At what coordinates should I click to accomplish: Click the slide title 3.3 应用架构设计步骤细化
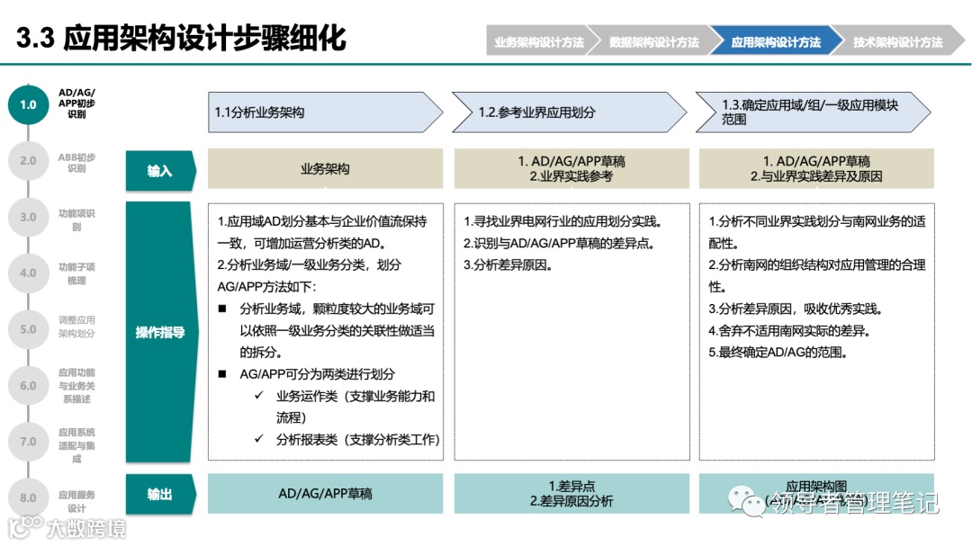point(181,39)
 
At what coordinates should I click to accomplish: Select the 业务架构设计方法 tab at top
point(538,42)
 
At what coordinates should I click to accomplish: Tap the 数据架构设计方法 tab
point(653,42)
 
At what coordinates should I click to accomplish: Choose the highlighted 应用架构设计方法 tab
point(775,42)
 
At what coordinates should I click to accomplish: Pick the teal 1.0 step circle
point(28,104)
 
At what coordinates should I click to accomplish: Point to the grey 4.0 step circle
point(28,273)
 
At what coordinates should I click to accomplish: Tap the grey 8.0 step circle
point(28,497)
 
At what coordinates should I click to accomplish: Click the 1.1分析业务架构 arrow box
point(324,112)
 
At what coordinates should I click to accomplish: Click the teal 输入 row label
point(160,170)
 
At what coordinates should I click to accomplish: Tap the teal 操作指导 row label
point(160,332)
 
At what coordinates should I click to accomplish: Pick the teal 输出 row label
point(160,494)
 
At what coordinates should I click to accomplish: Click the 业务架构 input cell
point(325,169)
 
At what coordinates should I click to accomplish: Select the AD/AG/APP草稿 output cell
point(325,494)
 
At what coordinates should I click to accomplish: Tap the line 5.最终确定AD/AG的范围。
point(778,352)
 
